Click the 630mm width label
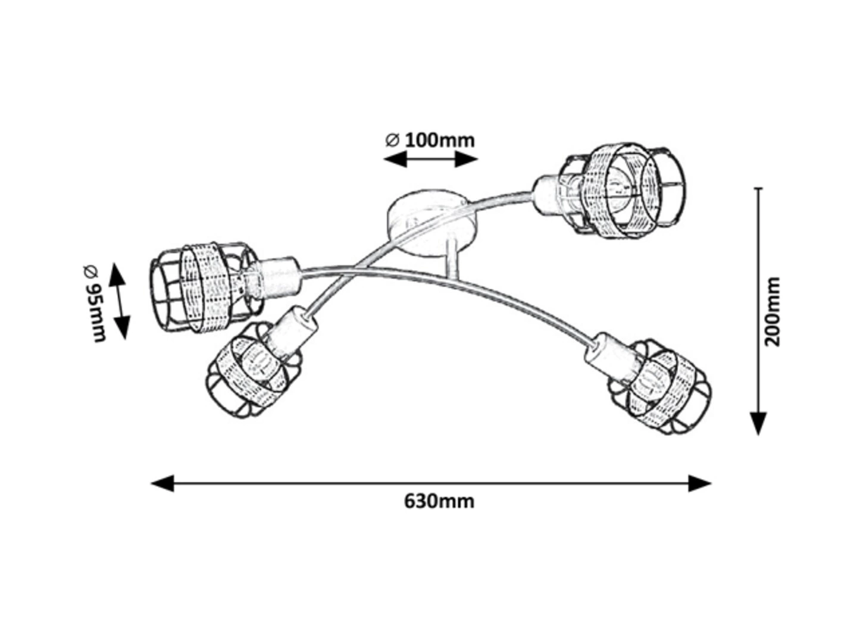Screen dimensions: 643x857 coord(439,501)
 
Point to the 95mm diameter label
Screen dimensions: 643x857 coord(95,303)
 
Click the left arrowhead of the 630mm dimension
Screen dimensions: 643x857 coord(162,483)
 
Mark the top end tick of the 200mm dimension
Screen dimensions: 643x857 coord(758,189)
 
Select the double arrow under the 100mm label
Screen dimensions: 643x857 coord(430,159)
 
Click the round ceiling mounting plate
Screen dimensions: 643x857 coord(431,220)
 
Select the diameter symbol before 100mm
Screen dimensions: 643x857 coord(392,141)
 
